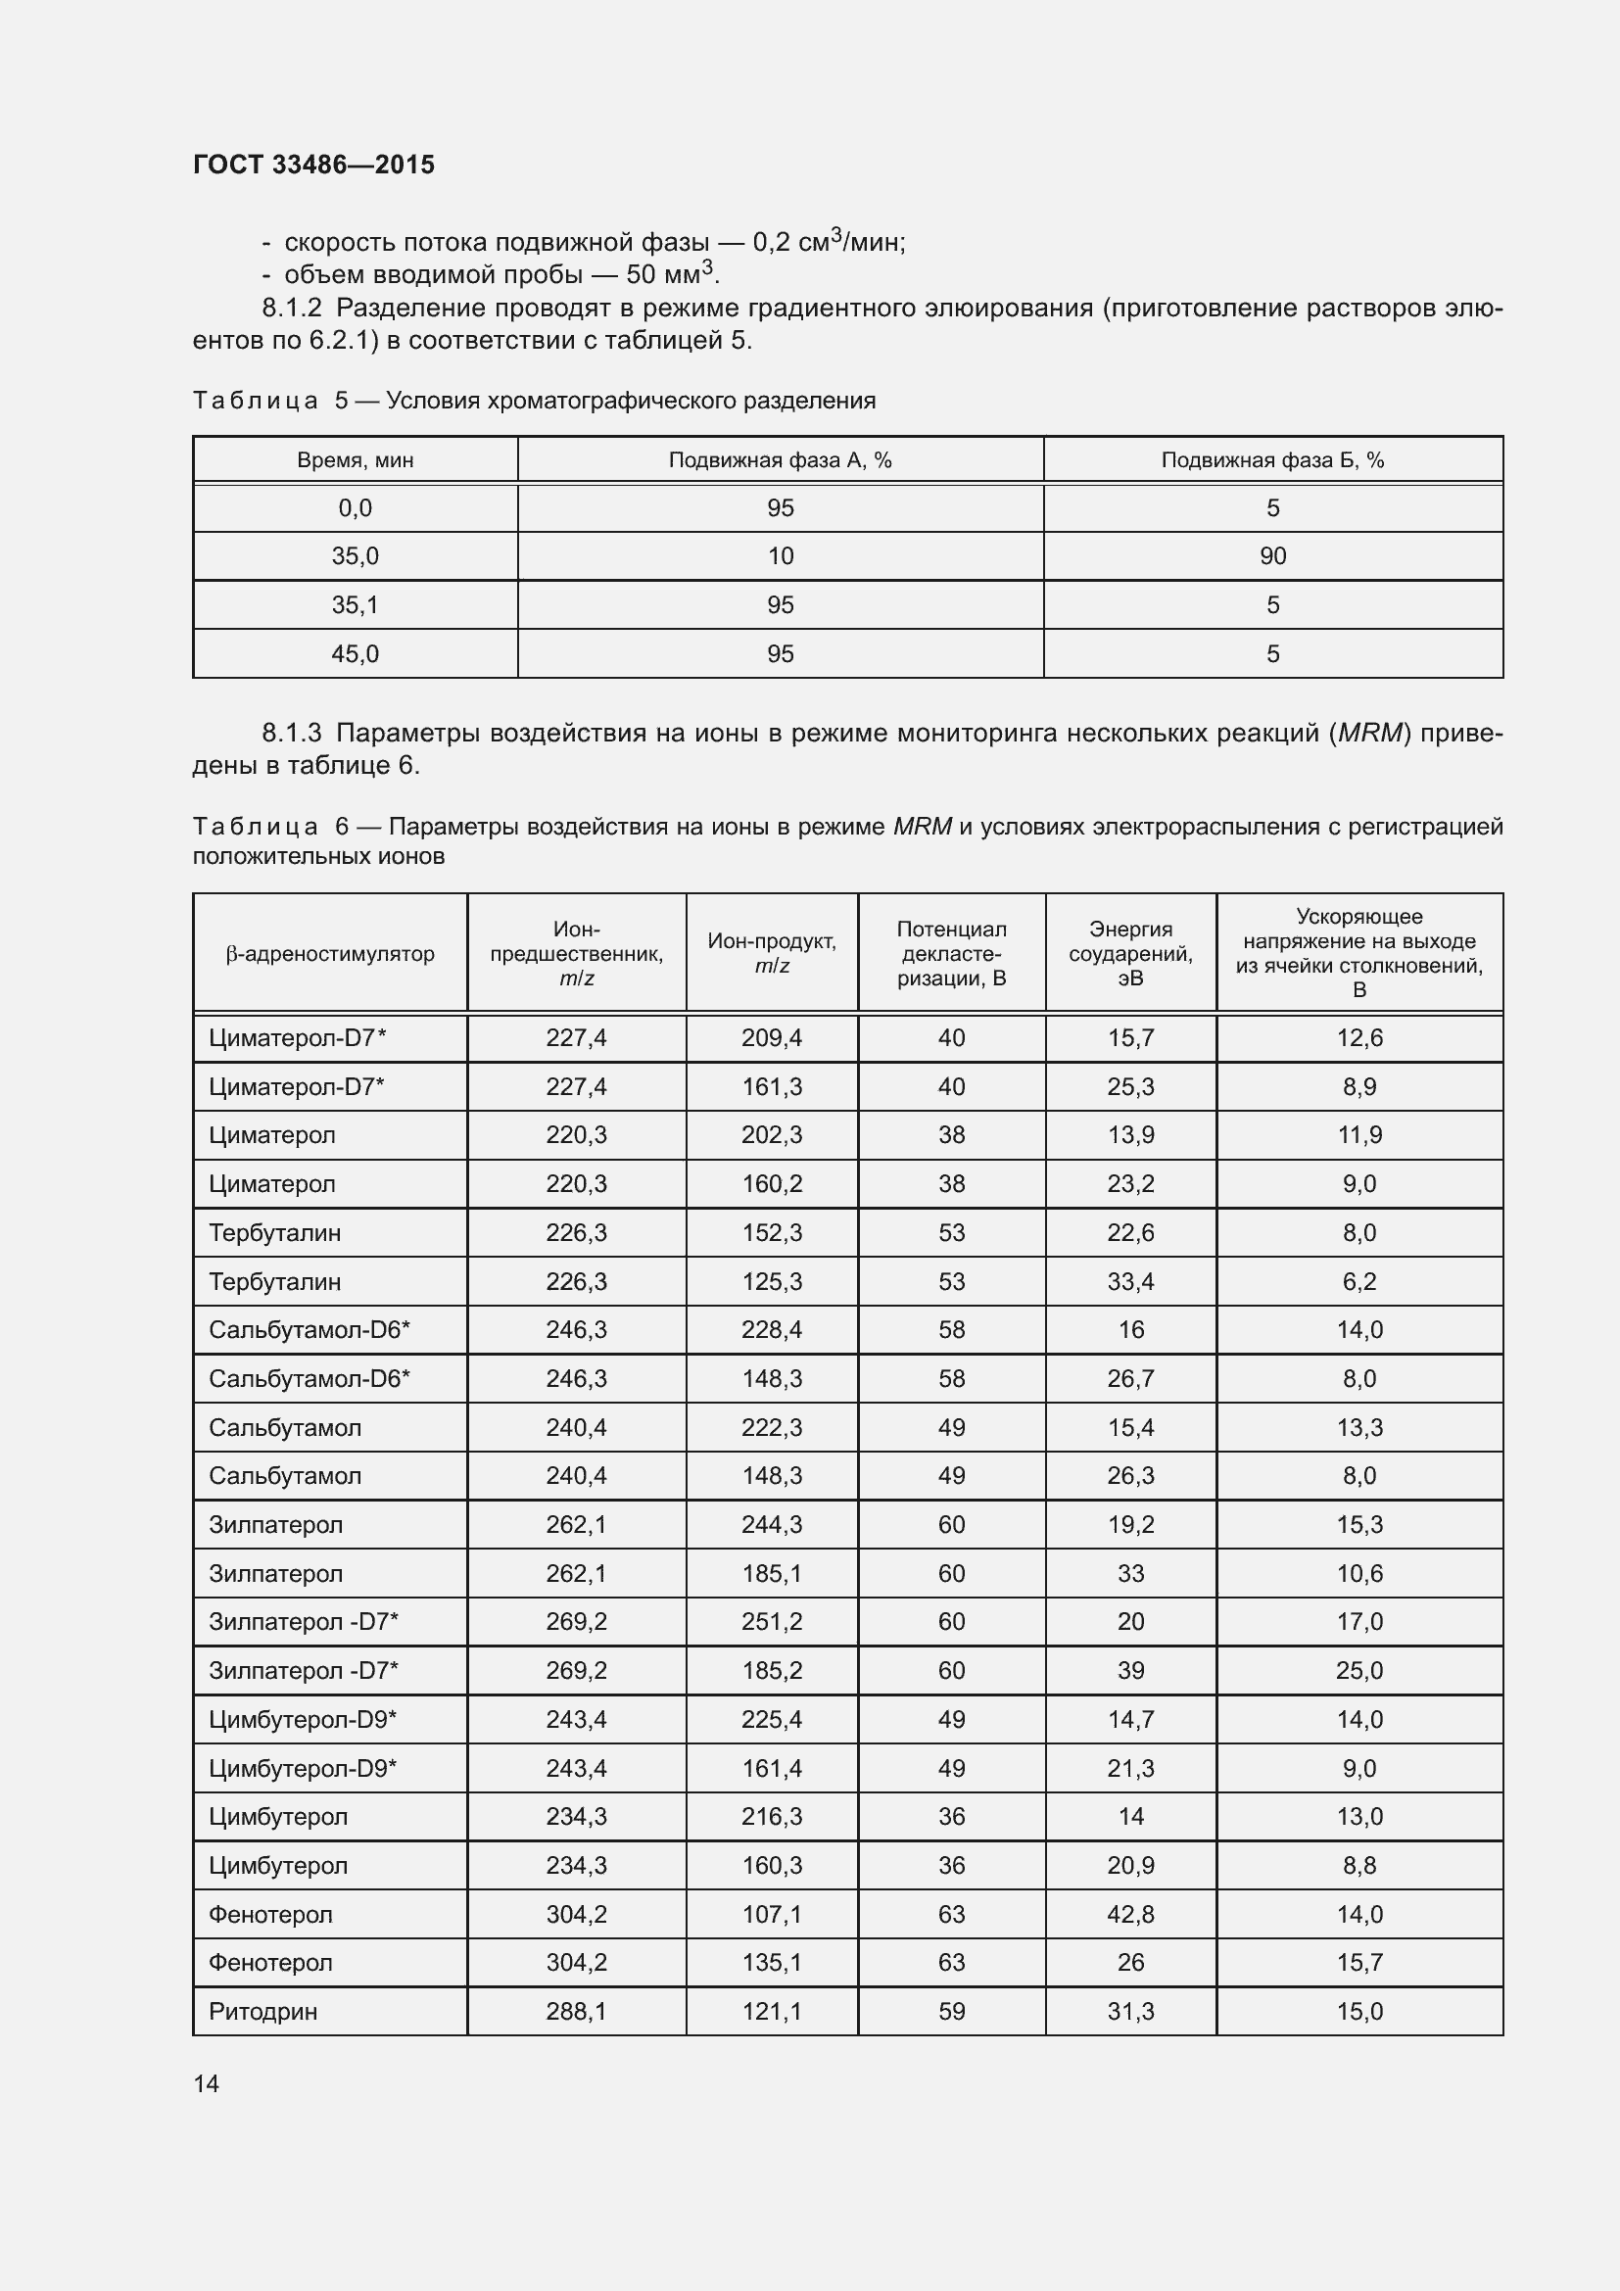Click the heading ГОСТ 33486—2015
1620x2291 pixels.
tap(313, 165)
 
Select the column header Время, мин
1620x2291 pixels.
tap(356, 460)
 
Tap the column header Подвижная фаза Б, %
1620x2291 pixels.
tap(1272, 460)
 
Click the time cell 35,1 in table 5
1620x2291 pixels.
tap(356, 604)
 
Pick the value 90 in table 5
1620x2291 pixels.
tap(1272, 555)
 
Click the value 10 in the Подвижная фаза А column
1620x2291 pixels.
tap(780, 555)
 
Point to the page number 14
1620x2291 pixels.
tap(207, 2083)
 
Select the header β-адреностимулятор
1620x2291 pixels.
tap(330, 953)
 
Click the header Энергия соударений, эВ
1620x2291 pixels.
tap(1130, 953)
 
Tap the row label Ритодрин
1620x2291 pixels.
tap(262, 2011)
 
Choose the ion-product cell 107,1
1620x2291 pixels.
tap(771, 1914)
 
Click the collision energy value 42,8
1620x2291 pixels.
tap(1130, 1914)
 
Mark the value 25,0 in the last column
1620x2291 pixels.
tap(1358, 1670)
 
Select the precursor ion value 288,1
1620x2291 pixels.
tap(576, 2011)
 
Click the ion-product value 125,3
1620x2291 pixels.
tap(771, 1281)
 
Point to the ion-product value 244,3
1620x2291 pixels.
tap(771, 1525)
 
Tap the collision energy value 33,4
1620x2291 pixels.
tap(1130, 1281)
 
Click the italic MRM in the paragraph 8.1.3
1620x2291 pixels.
tap(1370, 734)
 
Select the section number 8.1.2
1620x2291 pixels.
tap(291, 308)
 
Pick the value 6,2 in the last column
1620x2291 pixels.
tap(1358, 1281)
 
